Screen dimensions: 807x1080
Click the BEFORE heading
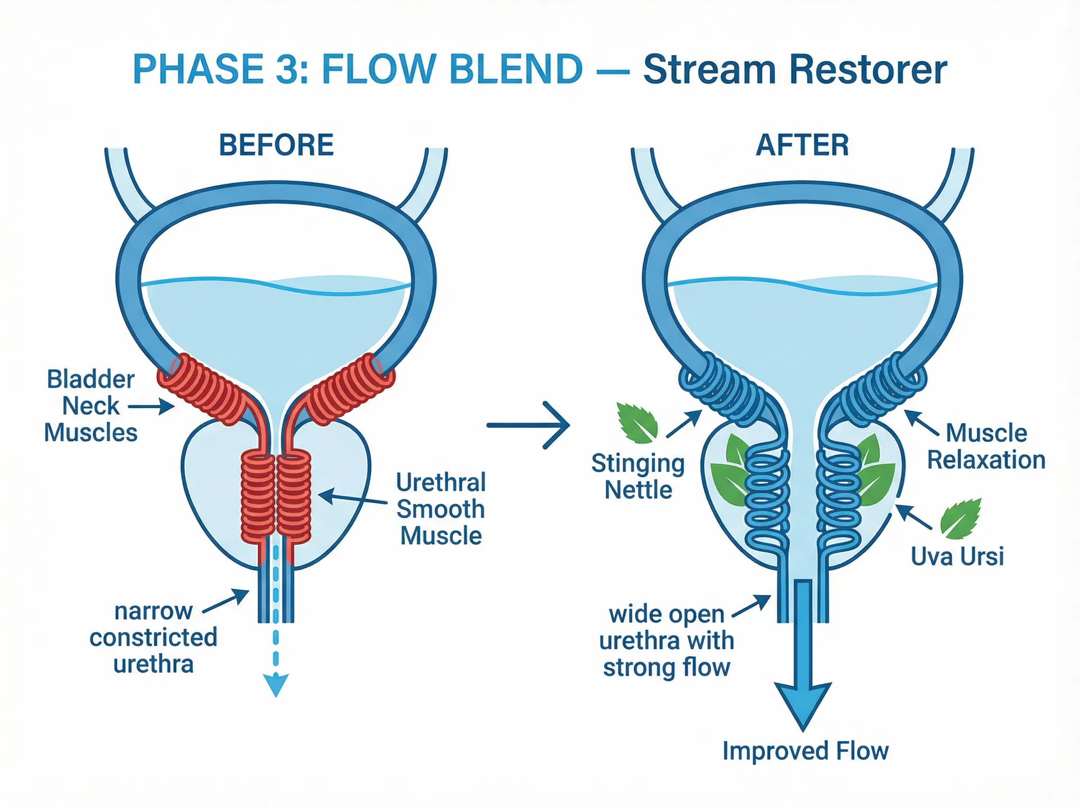pyautogui.click(x=276, y=145)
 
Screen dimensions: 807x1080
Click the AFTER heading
pyautogui.click(x=802, y=145)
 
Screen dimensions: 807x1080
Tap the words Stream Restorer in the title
pyautogui.click(x=795, y=70)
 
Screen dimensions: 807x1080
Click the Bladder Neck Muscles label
pyautogui.click(x=91, y=406)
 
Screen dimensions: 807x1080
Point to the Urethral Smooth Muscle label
pyautogui.click(x=440, y=509)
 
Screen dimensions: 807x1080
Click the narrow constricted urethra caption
pyautogui.click(x=153, y=638)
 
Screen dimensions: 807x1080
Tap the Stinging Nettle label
pyautogui.click(x=638, y=477)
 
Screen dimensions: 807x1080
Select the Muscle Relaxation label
pyautogui.click(x=985, y=446)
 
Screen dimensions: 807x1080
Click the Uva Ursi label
pyautogui.click(x=957, y=557)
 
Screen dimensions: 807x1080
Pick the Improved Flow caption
pyautogui.click(x=805, y=751)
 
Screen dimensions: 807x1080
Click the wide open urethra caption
pyautogui.click(x=666, y=641)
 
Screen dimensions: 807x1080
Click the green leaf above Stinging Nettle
pyautogui.click(x=638, y=422)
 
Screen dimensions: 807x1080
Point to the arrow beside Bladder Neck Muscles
pyautogui.click(x=151, y=406)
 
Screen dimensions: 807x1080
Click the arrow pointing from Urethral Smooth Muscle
pyautogui.click(x=352, y=499)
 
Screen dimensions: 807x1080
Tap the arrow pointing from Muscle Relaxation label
pyautogui.click(x=921, y=423)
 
